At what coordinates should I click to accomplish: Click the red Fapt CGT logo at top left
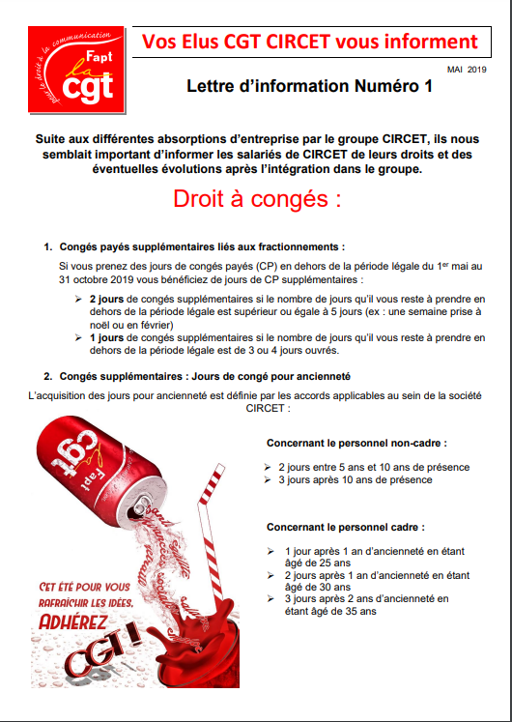[x=76, y=69]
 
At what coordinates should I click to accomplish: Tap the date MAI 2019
[x=467, y=70]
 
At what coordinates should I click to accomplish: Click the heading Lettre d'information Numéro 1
[x=309, y=86]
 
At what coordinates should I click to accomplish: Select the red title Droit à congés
[x=257, y=198]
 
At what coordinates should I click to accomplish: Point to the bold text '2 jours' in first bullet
[x=106, y=300]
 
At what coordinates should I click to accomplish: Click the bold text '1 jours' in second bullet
[x=106, y=338]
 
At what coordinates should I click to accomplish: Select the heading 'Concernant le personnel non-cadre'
[x=357, y=444]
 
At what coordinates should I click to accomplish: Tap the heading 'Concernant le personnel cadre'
[x=346, y=527]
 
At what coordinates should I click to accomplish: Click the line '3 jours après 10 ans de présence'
[x=356, y=479]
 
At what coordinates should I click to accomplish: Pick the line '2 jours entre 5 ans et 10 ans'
[x=374, y=468]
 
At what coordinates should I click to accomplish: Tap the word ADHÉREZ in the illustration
[x=72, y=622]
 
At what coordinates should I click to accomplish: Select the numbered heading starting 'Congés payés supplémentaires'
[x=202, y=247]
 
